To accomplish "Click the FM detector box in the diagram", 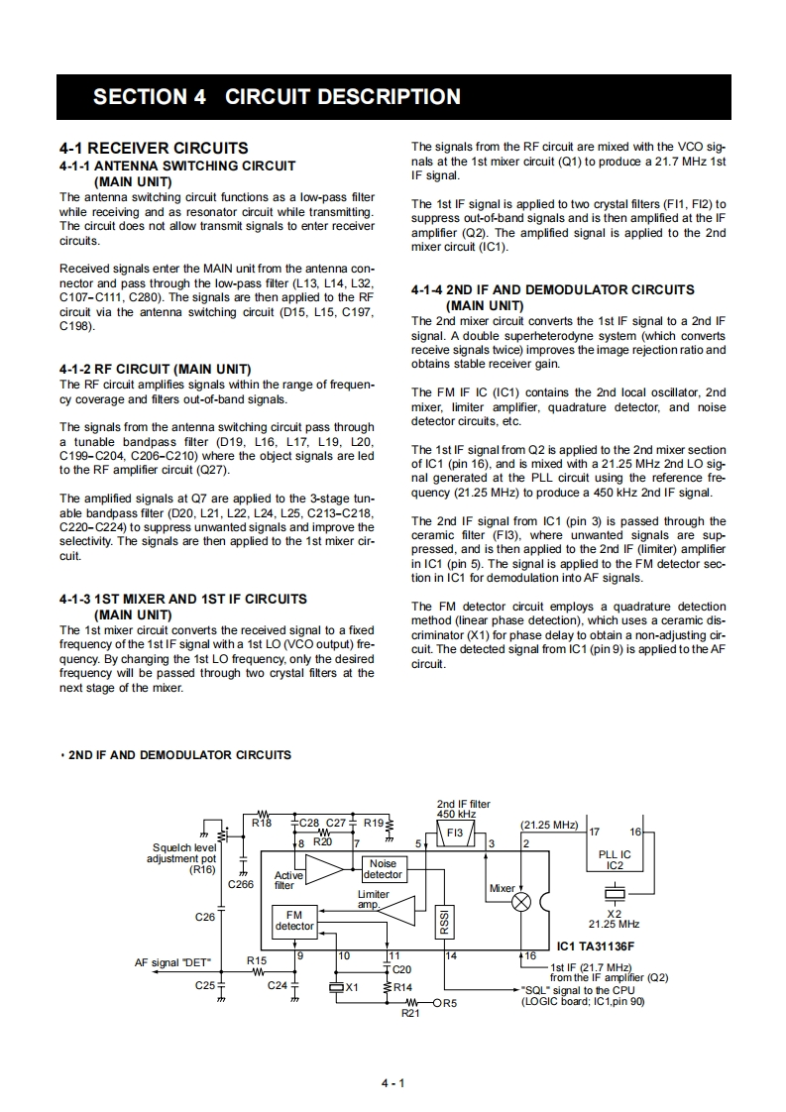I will coord(294,920).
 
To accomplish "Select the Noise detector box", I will coord(383,869).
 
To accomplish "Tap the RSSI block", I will coord(445,921).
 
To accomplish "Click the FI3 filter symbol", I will coord(455,834).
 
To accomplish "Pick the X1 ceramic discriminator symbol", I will coord(336,987).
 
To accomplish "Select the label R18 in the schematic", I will coord(262,823).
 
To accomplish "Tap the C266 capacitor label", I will coord(242,883).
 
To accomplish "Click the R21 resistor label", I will coord(411,1014).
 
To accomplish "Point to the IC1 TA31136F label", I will coord(596,945).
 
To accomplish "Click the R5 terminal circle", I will coord(436,1003).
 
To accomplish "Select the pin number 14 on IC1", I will coord(450,955).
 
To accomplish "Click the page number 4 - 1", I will coord(393,1082).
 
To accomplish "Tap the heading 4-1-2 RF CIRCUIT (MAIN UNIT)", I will coord(156,370).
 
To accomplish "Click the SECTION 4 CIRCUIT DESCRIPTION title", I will coord(277,97).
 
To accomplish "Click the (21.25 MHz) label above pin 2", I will coord(548,825).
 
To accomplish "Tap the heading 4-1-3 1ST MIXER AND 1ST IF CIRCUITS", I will coord(183,599).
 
